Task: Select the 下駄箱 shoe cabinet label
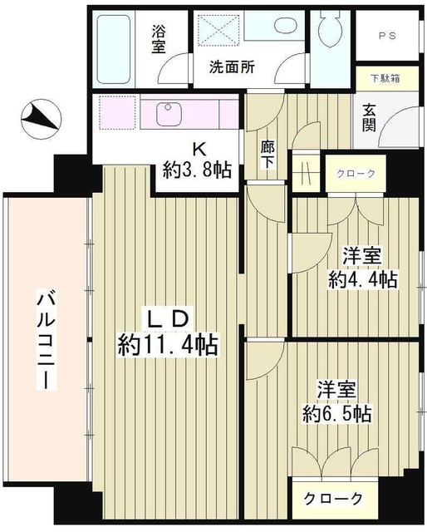(x=385, y=79)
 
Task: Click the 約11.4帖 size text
(x=167, y=342)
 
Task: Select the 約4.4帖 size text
(x=361, y=279)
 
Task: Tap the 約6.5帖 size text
(x=334, y=412)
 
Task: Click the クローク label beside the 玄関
(x=356, y=174)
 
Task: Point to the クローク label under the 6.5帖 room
(x=331, y=499)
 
